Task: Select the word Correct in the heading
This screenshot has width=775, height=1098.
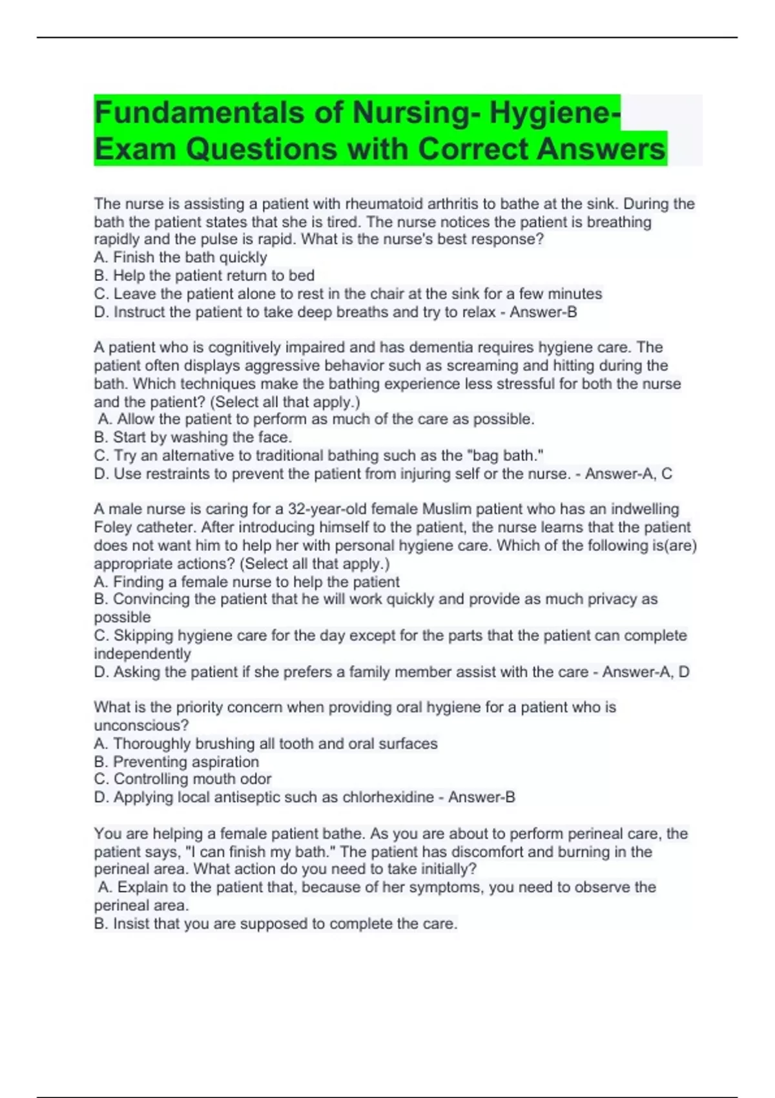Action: [x=474, y=149]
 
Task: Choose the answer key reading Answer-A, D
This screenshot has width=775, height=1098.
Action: [x=646, y=672]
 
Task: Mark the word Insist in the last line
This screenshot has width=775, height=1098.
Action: [x=130, y=924]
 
